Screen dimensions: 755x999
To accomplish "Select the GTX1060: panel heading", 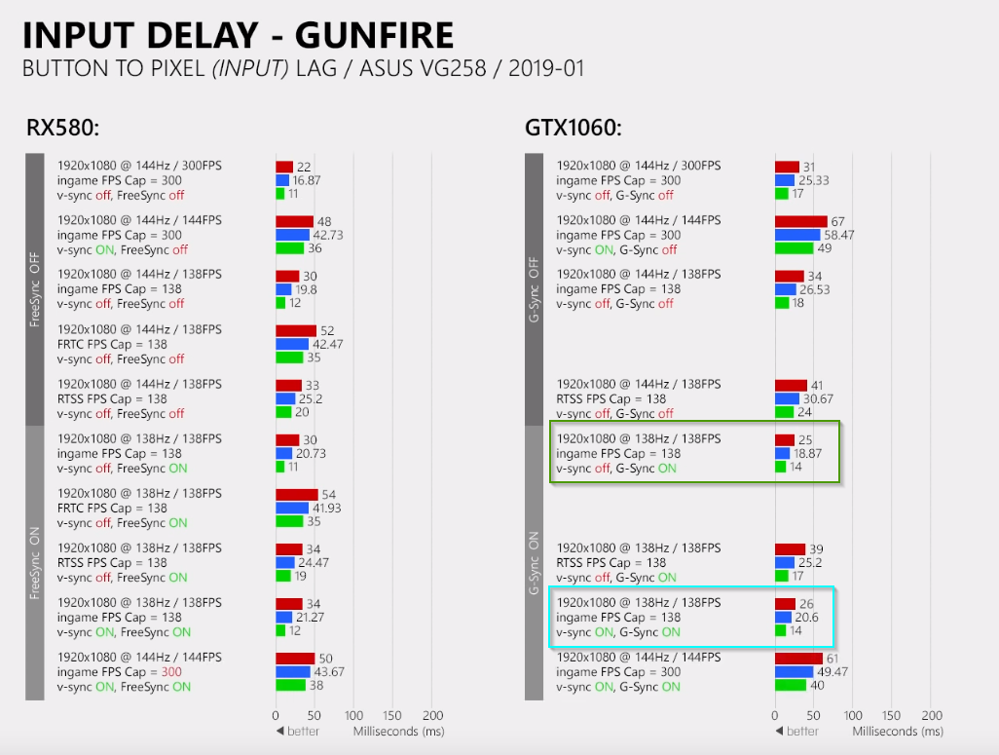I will coord(573,128).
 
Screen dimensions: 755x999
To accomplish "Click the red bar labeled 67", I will coord(800,221).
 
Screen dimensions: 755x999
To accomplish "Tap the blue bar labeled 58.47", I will coord(797,235).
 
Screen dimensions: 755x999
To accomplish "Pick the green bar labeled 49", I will coord(794,248).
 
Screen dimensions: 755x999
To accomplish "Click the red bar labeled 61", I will coord(798,659).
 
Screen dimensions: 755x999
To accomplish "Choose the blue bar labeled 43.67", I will coord(292,672).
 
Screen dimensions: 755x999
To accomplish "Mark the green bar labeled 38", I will coord(290,686).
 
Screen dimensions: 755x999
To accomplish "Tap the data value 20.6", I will coord(808,618).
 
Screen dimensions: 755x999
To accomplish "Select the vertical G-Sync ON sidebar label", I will coord(534,562).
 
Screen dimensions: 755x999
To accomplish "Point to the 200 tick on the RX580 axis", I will coord(432,715).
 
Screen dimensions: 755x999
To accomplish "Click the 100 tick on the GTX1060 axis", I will coord(853,715).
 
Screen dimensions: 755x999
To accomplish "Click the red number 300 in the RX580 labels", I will coord(171,672).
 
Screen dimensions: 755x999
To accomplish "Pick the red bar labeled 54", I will coord(296,495).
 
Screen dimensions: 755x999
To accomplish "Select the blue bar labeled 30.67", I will coord(787,398).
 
